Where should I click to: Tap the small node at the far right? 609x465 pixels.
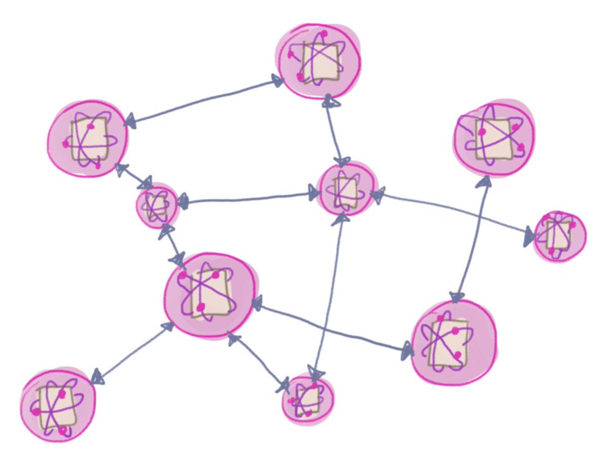tap(559, 236)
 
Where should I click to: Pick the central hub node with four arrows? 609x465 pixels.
tap(347, 189)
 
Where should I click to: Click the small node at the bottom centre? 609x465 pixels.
tap(308, 398)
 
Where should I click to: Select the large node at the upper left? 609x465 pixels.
tap(88, 138)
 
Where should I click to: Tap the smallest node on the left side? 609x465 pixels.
tap(157, 205)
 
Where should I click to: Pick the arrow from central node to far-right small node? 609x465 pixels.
tap(452, 213)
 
